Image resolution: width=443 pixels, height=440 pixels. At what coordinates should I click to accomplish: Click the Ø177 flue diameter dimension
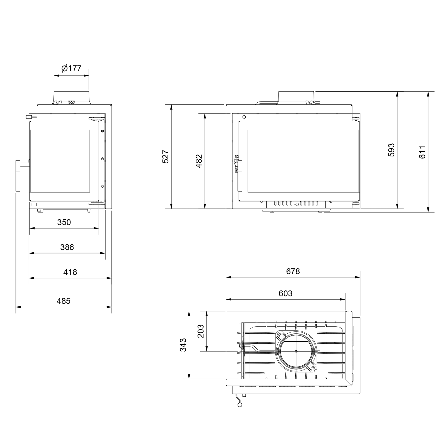click(71, 68)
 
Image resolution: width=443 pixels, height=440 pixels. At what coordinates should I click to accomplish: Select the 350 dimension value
click(64, 222)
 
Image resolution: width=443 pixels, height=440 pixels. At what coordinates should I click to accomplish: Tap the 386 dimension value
click(67, 247)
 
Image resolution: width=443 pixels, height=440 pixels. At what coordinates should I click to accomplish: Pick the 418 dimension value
click(70, 272)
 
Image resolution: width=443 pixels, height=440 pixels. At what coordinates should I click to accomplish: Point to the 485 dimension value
click(63, 301)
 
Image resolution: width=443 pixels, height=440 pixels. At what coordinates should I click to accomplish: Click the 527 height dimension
click(166, 157)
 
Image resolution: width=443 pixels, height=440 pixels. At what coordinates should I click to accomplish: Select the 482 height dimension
click(199, 161)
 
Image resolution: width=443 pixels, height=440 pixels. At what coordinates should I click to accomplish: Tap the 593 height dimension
click(391, 150)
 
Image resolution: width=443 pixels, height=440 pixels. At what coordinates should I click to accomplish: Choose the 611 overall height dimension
click(422, 152)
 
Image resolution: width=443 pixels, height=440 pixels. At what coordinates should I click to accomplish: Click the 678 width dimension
click(293, 271)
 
